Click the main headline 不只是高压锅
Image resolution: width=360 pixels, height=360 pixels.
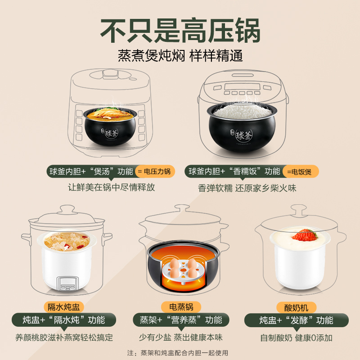click(x=180, y=30)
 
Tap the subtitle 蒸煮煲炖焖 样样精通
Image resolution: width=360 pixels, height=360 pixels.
click(x=180, y=56)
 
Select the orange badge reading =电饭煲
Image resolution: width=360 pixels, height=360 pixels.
click(x=300, y=171)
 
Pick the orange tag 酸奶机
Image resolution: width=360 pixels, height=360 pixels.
click(x=297, y=307)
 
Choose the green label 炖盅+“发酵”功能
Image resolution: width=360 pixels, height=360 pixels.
click(x=297, y=320)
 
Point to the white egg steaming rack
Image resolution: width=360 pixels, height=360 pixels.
click(x=180, y=270)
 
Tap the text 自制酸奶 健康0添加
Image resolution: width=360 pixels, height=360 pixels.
click(x=297, y=337)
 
